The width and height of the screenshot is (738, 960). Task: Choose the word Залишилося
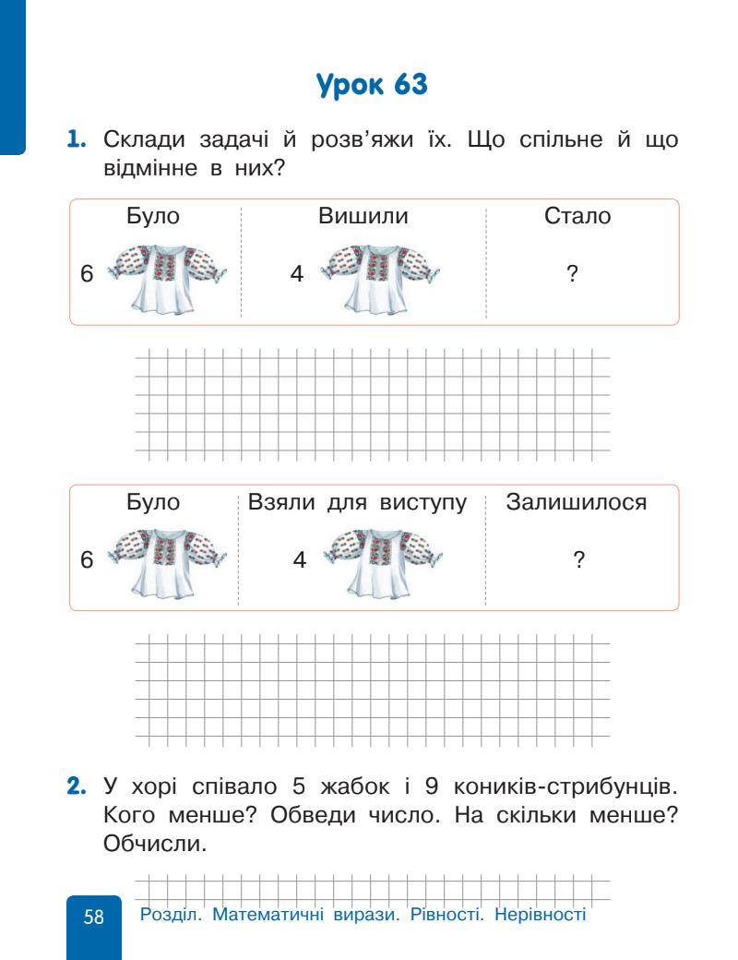coord(577,503)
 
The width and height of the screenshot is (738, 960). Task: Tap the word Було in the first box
coord(152,218)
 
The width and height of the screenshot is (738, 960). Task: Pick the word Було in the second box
coord(152,503)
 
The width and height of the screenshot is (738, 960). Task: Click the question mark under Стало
coord(572,273)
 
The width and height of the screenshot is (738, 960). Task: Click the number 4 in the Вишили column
coord(296,274)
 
